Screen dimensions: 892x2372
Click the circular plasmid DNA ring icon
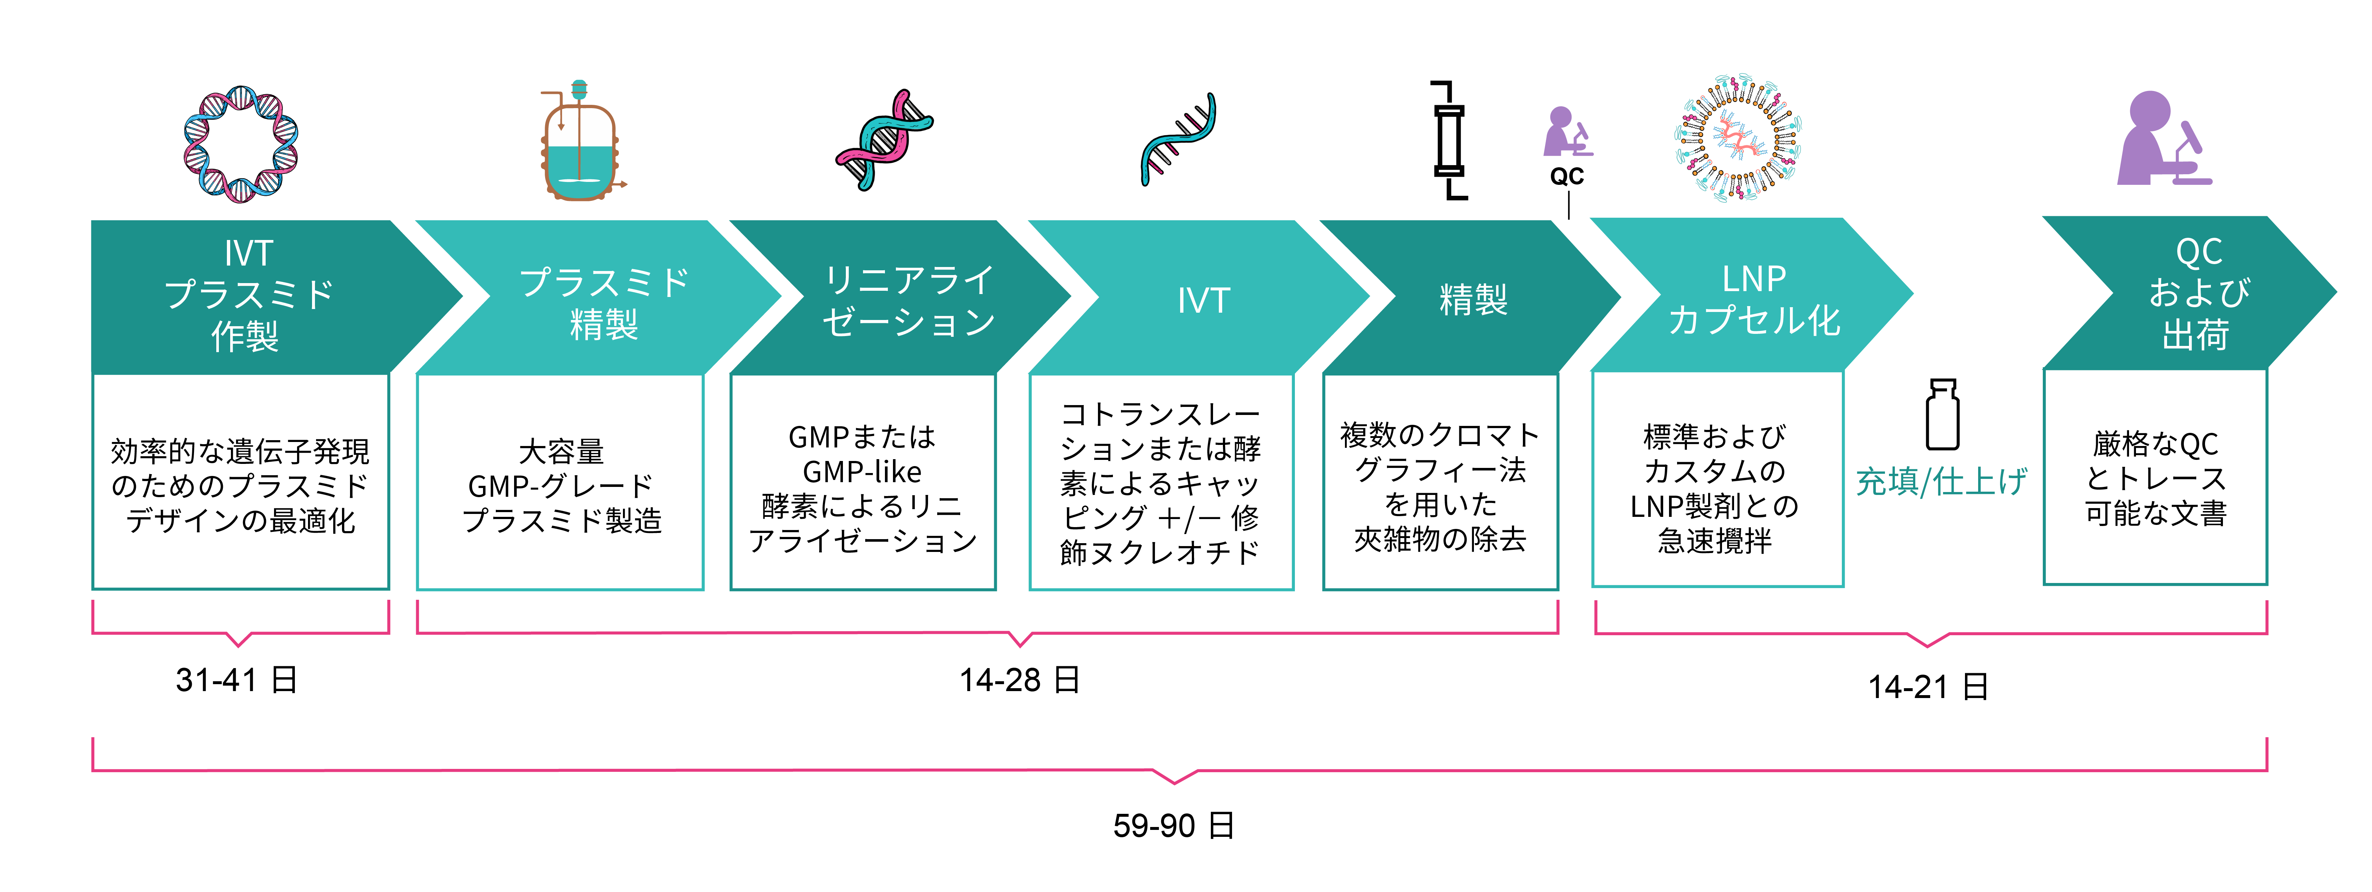click(240, 144)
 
